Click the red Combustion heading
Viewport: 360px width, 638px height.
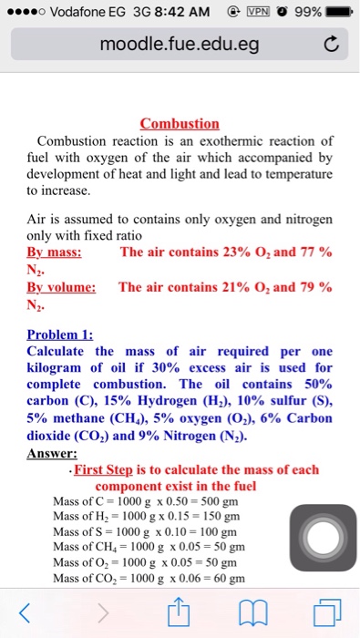pos(180,123)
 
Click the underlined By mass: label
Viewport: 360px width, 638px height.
pos(54,252)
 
